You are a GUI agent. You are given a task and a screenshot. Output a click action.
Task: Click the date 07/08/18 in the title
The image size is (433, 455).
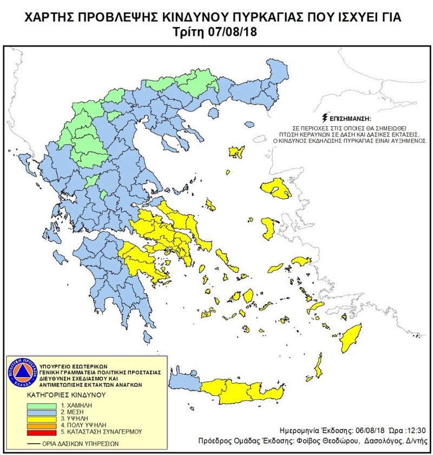point(233,32)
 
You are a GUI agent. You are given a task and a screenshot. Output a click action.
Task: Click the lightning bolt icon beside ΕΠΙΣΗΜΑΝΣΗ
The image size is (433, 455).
point(324,117)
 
